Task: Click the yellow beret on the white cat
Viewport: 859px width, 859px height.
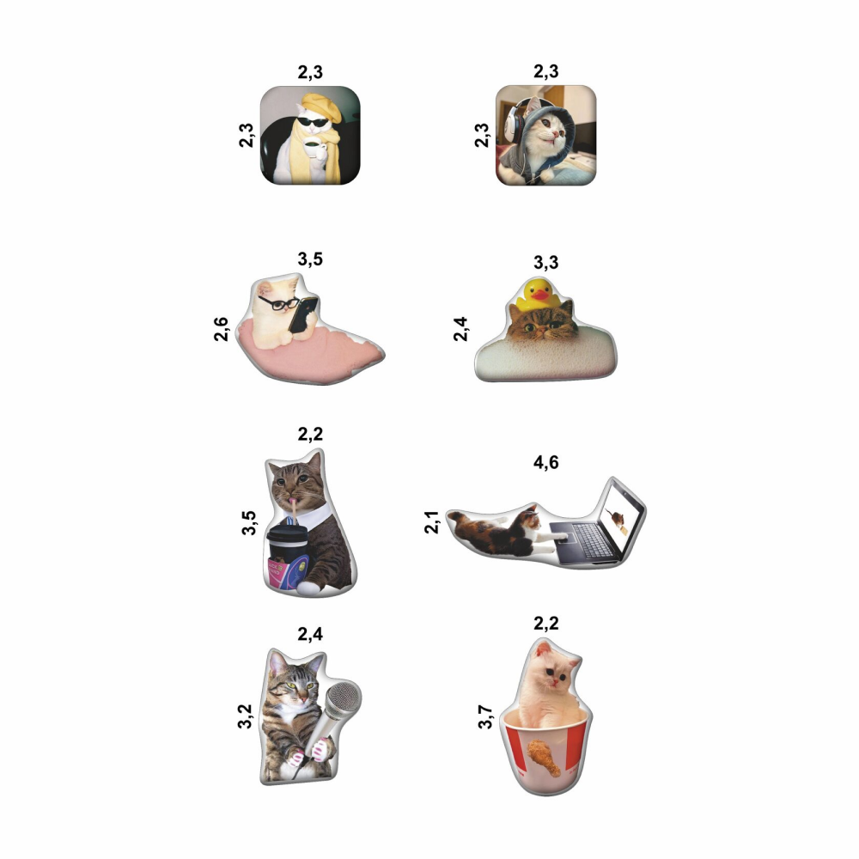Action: click(322, 107)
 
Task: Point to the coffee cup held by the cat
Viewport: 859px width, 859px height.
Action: click(313, 148)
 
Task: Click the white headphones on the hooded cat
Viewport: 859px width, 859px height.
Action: click(513, 122)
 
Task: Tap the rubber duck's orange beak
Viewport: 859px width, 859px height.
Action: click(540, 295)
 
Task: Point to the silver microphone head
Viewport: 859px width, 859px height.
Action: click(344, 698)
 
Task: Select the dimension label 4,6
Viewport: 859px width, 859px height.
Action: click(546, 462)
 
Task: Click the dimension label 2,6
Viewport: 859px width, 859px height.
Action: click(221, 329)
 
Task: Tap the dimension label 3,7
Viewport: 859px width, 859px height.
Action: click(485, 717)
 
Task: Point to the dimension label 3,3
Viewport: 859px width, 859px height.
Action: click(546, 262)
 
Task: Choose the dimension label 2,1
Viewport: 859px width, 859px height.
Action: click(432, 522)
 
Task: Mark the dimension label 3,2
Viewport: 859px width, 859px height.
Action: click(244, 716)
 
